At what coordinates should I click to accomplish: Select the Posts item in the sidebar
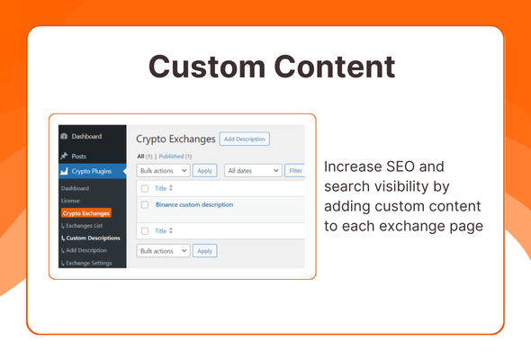click(79, 156)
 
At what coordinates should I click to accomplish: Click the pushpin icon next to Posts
click(64, 156)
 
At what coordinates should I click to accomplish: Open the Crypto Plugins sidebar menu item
click(91, 170)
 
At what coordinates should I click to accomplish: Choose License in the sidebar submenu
click(70, 201)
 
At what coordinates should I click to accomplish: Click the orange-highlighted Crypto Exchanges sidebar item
click(86, 213)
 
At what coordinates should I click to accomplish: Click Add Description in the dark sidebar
click(87, 250)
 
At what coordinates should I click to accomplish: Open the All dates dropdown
click(253, 170)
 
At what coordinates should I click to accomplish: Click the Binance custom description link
click(193, 205)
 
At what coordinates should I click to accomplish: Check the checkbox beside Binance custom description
click(144, 205)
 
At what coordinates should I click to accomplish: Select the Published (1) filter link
click(175, 157)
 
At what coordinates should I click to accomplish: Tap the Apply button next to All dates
click(204, 170)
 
